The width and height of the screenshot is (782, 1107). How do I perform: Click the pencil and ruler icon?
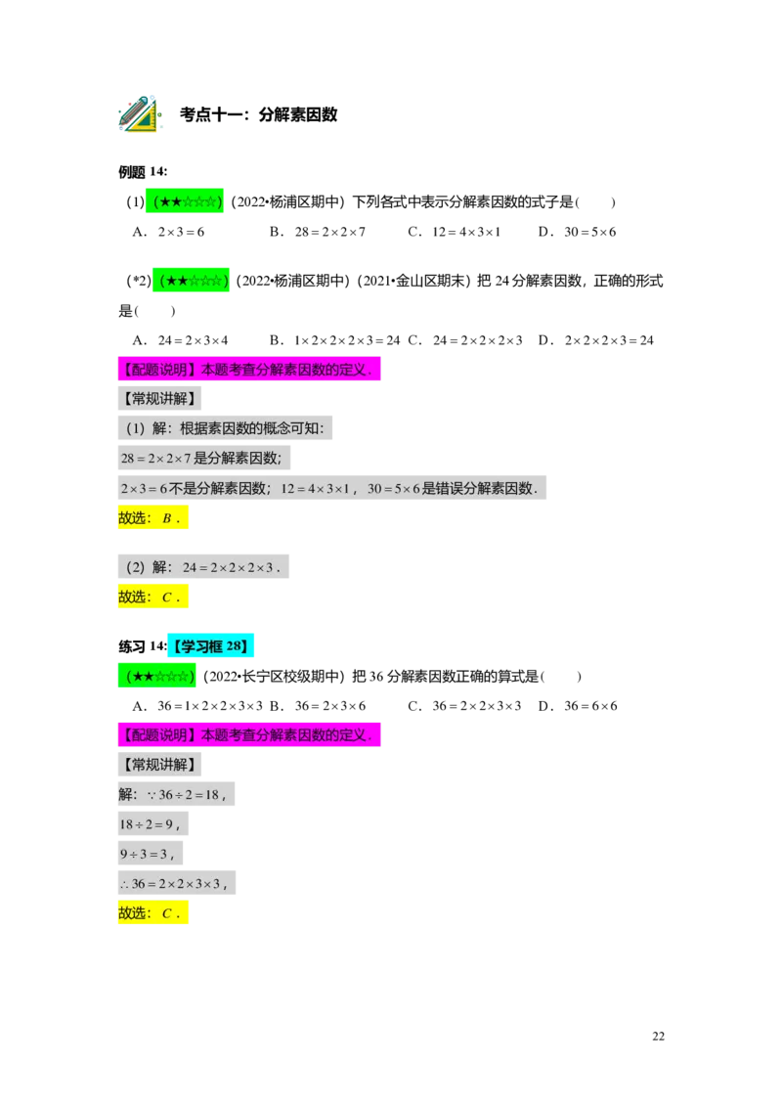(140, 113)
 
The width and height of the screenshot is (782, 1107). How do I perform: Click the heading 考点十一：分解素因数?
(258, 114)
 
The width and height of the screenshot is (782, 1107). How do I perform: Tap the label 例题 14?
(143, 171)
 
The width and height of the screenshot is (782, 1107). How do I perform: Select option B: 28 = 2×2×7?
(318, 232)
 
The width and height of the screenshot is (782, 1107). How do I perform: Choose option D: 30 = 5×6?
(578, 232)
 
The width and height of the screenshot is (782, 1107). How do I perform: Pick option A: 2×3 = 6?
(169, 232)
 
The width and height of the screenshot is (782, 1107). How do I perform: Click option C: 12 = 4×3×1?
(454, 232)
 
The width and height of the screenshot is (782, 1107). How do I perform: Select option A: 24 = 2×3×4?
(181, 340)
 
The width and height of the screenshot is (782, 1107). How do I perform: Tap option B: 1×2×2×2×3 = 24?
(334, 340)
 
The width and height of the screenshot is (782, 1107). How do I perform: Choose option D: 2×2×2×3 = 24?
(595, 340)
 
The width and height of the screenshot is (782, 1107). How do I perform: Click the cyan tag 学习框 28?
(210, 646)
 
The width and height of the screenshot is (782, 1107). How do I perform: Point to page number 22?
(659, 1037)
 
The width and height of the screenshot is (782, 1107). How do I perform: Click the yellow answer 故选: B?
(152, 518)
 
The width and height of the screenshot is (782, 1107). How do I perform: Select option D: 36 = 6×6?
(578, 706)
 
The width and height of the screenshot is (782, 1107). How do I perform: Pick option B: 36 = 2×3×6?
(318, 706)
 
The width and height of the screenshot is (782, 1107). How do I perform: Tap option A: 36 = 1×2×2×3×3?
(197, 706)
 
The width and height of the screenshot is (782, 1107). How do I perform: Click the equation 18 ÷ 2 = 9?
(153, 824)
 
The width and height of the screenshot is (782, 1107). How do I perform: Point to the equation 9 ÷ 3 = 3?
(151, 854)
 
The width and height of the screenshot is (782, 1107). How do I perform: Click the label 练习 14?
(143, 646)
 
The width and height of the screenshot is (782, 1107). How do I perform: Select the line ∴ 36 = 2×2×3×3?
(177, 883)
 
